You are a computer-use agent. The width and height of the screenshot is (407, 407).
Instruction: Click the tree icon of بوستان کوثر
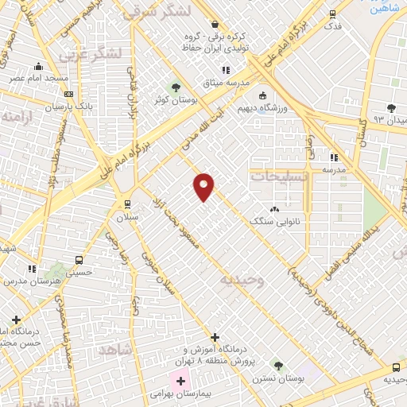point(176,86)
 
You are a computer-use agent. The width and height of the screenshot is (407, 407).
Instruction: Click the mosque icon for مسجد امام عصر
point(39,68)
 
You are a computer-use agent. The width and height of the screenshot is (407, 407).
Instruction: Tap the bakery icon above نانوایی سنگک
point(275,209)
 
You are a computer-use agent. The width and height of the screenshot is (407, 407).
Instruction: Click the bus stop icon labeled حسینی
point(79,260)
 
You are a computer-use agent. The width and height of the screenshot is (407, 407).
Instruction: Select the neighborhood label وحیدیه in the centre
point(241,280)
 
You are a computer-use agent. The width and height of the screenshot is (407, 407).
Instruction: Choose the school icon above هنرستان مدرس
point(33,269)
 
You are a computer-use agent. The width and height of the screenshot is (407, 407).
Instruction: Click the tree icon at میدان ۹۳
point(390,108)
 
